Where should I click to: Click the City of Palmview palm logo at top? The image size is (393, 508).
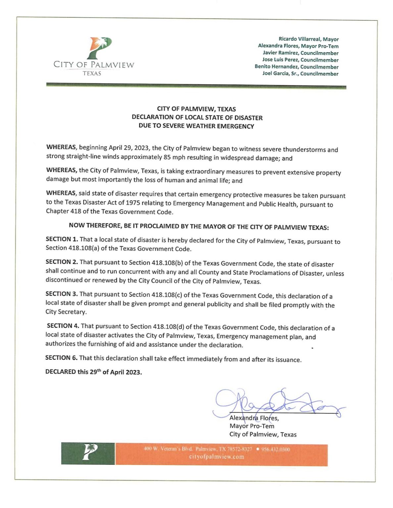pos(99,48)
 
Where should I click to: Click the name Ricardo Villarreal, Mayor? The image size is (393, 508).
pos(309,39)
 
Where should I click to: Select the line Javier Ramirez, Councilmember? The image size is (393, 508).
pos(301,53)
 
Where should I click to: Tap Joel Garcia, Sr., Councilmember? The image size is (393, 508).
pos(300,73)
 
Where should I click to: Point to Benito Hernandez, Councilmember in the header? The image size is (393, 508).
pos(296,66)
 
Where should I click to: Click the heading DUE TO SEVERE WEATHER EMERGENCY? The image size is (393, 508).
pos(196,126)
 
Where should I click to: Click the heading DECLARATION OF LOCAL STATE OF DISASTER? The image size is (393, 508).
pos(197,117)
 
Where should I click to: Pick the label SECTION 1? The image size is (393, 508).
pos(62,239)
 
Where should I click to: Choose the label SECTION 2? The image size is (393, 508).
pos(62,262)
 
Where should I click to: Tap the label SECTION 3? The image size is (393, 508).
pos(62,294)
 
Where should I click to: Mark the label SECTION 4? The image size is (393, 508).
pos(63,326)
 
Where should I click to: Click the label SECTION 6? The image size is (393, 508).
pos(62,358)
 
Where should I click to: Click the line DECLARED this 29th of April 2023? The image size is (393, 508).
pos(94,372)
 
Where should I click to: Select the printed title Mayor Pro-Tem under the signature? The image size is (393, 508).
pos(252,426)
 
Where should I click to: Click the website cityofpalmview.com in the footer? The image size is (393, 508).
pos(217,457)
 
